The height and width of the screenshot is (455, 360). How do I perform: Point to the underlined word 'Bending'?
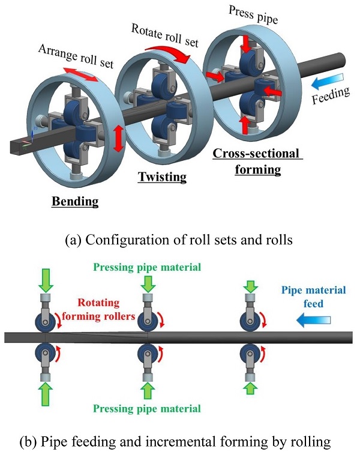[x=76, y=201]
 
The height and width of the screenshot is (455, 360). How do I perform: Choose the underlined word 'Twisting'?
[x=162, y=177]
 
